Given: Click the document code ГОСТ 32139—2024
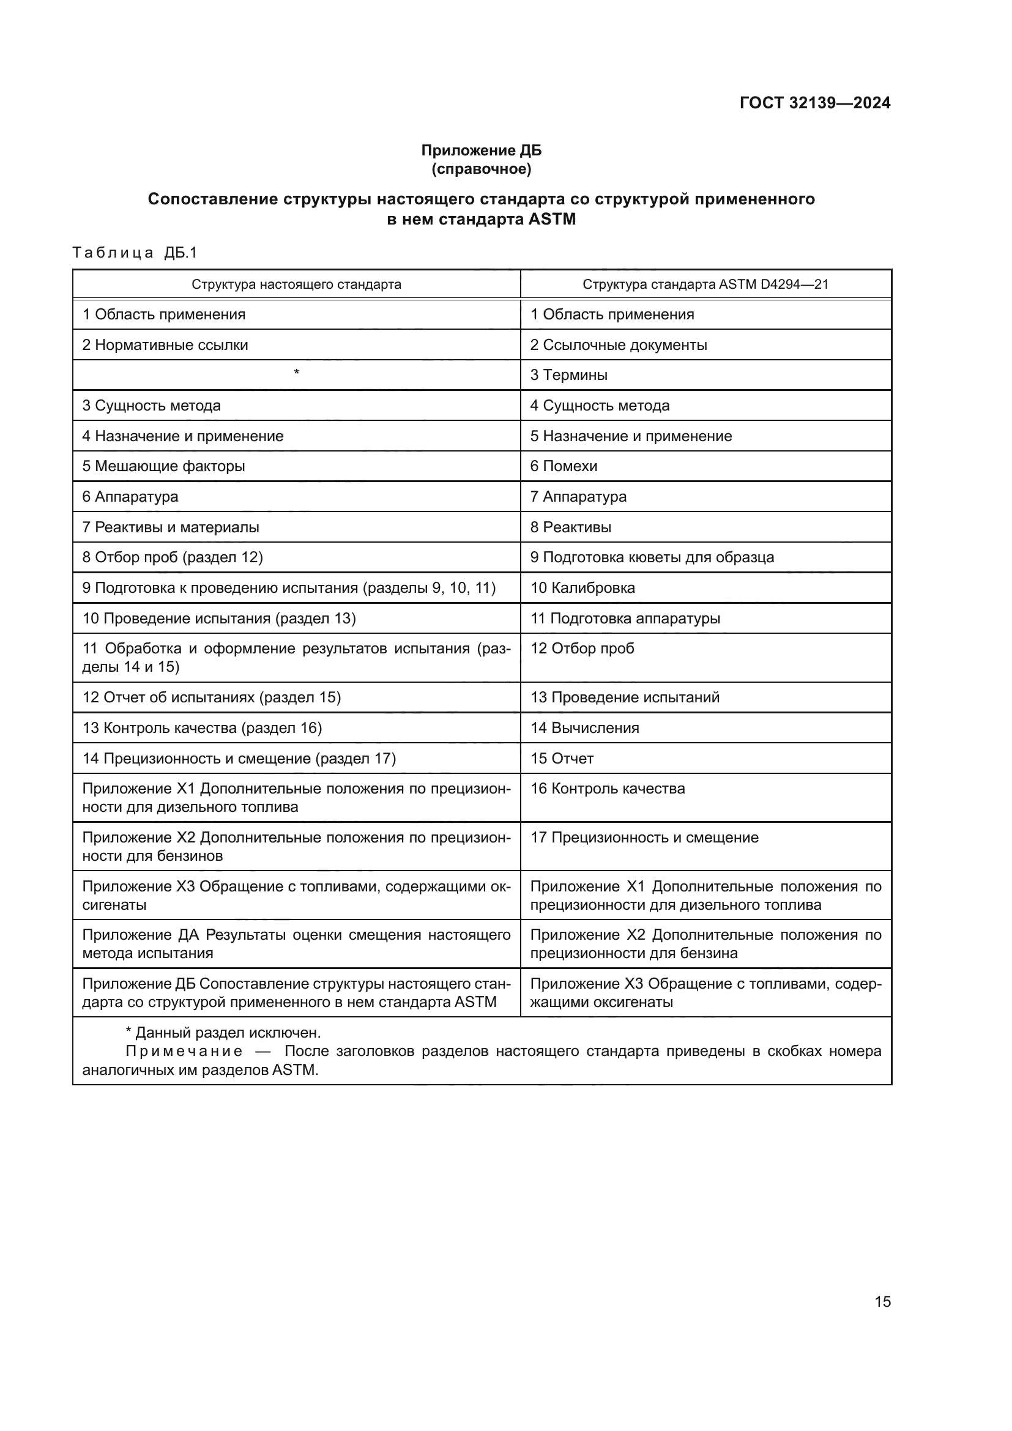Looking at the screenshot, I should (814, 103).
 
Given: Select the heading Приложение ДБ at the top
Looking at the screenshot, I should (481, 151).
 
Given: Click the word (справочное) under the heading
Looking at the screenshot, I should (481, 169).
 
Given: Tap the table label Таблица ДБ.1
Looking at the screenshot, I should (135, 253).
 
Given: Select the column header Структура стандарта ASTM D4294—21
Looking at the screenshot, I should (705, 285).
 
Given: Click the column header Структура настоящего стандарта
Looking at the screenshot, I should (296, 285).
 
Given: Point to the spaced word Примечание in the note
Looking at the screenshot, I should (184, 1052).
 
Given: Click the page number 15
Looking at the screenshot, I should (882, 1301).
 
